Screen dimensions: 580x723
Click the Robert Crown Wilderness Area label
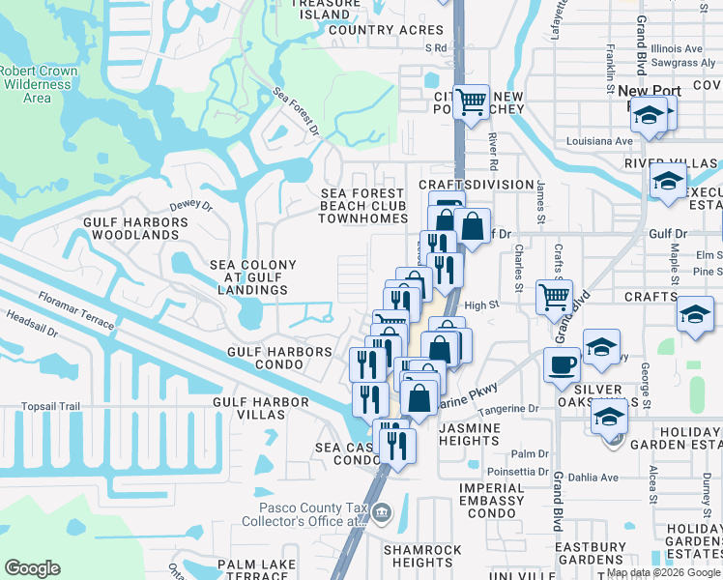37,84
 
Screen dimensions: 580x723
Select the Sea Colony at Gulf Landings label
253,277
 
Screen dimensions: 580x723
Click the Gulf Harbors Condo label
279,360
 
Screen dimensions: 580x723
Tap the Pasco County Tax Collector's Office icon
382,511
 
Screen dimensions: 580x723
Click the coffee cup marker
561,363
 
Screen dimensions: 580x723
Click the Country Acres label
386,30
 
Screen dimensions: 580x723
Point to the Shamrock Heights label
423,556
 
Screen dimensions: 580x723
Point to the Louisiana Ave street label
599,140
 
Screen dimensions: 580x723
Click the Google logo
32,568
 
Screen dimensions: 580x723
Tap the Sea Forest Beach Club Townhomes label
363,206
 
